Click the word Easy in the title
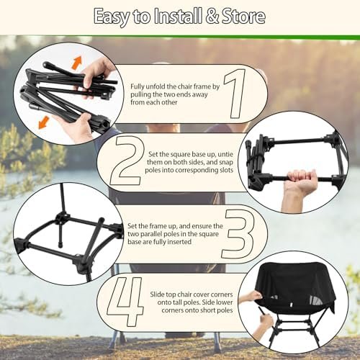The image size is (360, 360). (x=112, y=17)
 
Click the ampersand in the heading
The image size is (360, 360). (x=212, y=16)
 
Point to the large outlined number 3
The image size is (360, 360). (x=237, y=234)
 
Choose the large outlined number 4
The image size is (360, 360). (x=125, y=302)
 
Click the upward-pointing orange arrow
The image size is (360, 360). (x=77, y=63)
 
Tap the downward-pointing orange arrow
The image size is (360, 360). (x=44, y=122)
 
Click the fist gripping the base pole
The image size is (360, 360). (x=303, y=181)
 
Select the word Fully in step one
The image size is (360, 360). (x=138, y=87)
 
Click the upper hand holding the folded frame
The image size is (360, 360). (x=96, y=73)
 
